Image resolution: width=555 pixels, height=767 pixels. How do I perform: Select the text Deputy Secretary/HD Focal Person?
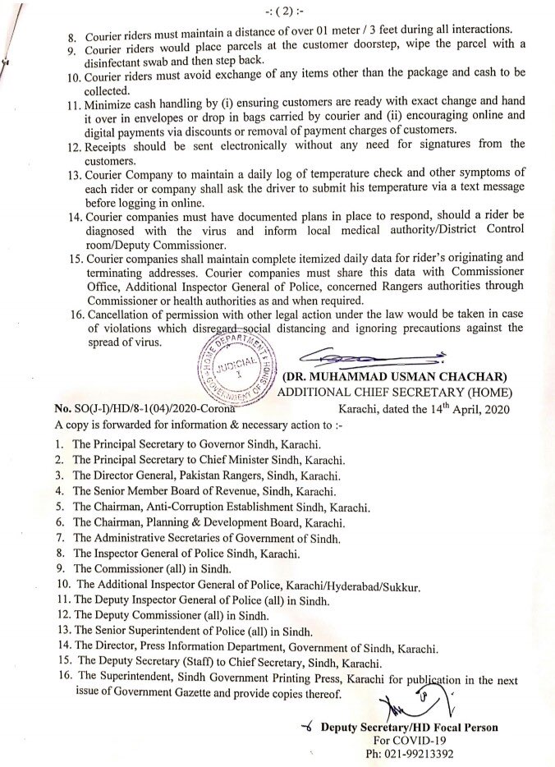point(409,728)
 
